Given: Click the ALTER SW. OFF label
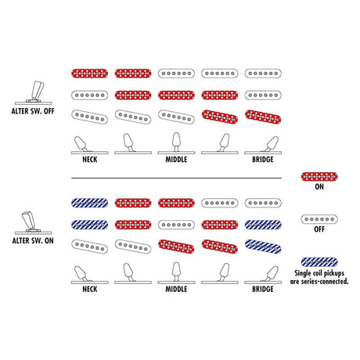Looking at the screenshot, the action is pyautogui.click(x=33, y=111).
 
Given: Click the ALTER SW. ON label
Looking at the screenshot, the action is pyautogui.click(x=33, y=240).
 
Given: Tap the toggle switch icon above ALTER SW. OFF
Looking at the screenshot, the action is pyautogui.click(x=34, y=93).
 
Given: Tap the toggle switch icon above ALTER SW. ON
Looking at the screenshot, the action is pyautogui.click(x=33, y=222).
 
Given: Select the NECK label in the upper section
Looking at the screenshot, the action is pyautogui.click(x=90, y=160).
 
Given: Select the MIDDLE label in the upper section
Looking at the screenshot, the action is pyautogui.click(x=176, y=160).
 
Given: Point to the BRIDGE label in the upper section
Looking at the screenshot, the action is pyautogui.click(x=263, y=160).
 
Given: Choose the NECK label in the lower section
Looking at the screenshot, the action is pyautogui.click(x=90, y=289).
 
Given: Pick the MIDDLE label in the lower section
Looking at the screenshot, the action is pyautogui.click(x=176, y=289).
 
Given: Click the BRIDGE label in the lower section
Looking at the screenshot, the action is pyautogui.click(x=263, y=289).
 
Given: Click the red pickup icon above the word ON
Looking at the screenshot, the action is pyautogui.click(x=319, y=177).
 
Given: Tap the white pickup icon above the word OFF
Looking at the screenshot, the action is pyautogui.click(x=319, y=219).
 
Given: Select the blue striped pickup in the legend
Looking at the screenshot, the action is pyautogui.click(x=319, y=262).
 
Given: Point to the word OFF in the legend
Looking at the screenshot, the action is pyautogui.click(x=319, y=229).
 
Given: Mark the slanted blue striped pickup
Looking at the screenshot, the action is pyautogui.click(x=263, y=247).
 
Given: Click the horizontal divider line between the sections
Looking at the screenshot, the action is pyautogui.click(x=176, y=178).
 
